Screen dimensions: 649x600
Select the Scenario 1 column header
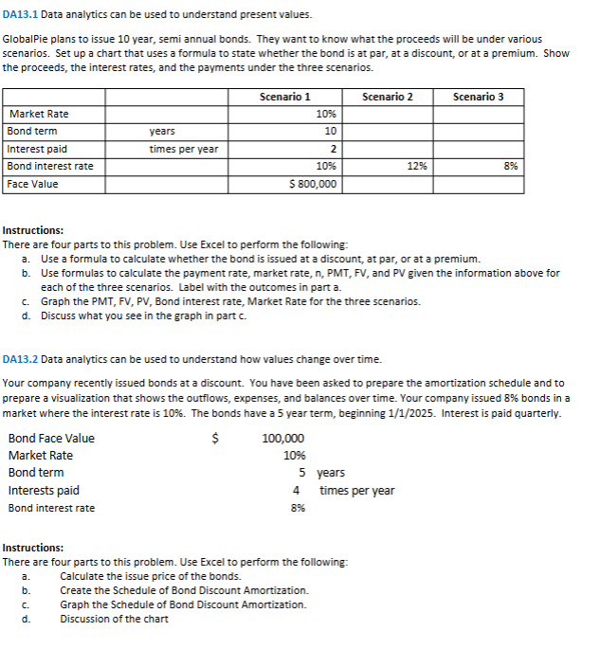[x=284, y=97]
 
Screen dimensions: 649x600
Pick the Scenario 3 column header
[x=479, y=97]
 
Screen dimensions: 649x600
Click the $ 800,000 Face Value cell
[x=312, y=184]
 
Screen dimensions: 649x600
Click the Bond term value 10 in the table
[x=330, y=131]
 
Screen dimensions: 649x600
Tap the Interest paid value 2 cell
[x=332, y=149]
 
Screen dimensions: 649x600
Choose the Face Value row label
[x=33, y=184]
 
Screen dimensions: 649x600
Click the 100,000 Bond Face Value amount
[x=283, y=438]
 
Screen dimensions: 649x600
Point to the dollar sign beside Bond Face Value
[x=215, y=438]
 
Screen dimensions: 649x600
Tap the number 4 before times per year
[x=297, y=490]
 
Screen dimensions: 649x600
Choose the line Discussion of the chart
[x=114, y=619]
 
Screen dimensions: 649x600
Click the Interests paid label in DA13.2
[x=44, y=490]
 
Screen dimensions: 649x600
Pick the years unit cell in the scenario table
[x=162, y=131]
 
